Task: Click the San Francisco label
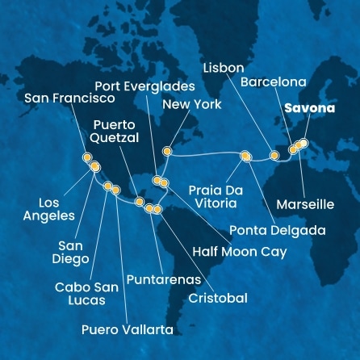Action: pos(69,98)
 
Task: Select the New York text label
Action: pos(191,104)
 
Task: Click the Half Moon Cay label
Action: pos(239,251)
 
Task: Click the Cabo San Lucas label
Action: pos(80,293)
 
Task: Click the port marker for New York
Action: pos(167,151)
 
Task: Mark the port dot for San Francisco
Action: pos(86,158)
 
